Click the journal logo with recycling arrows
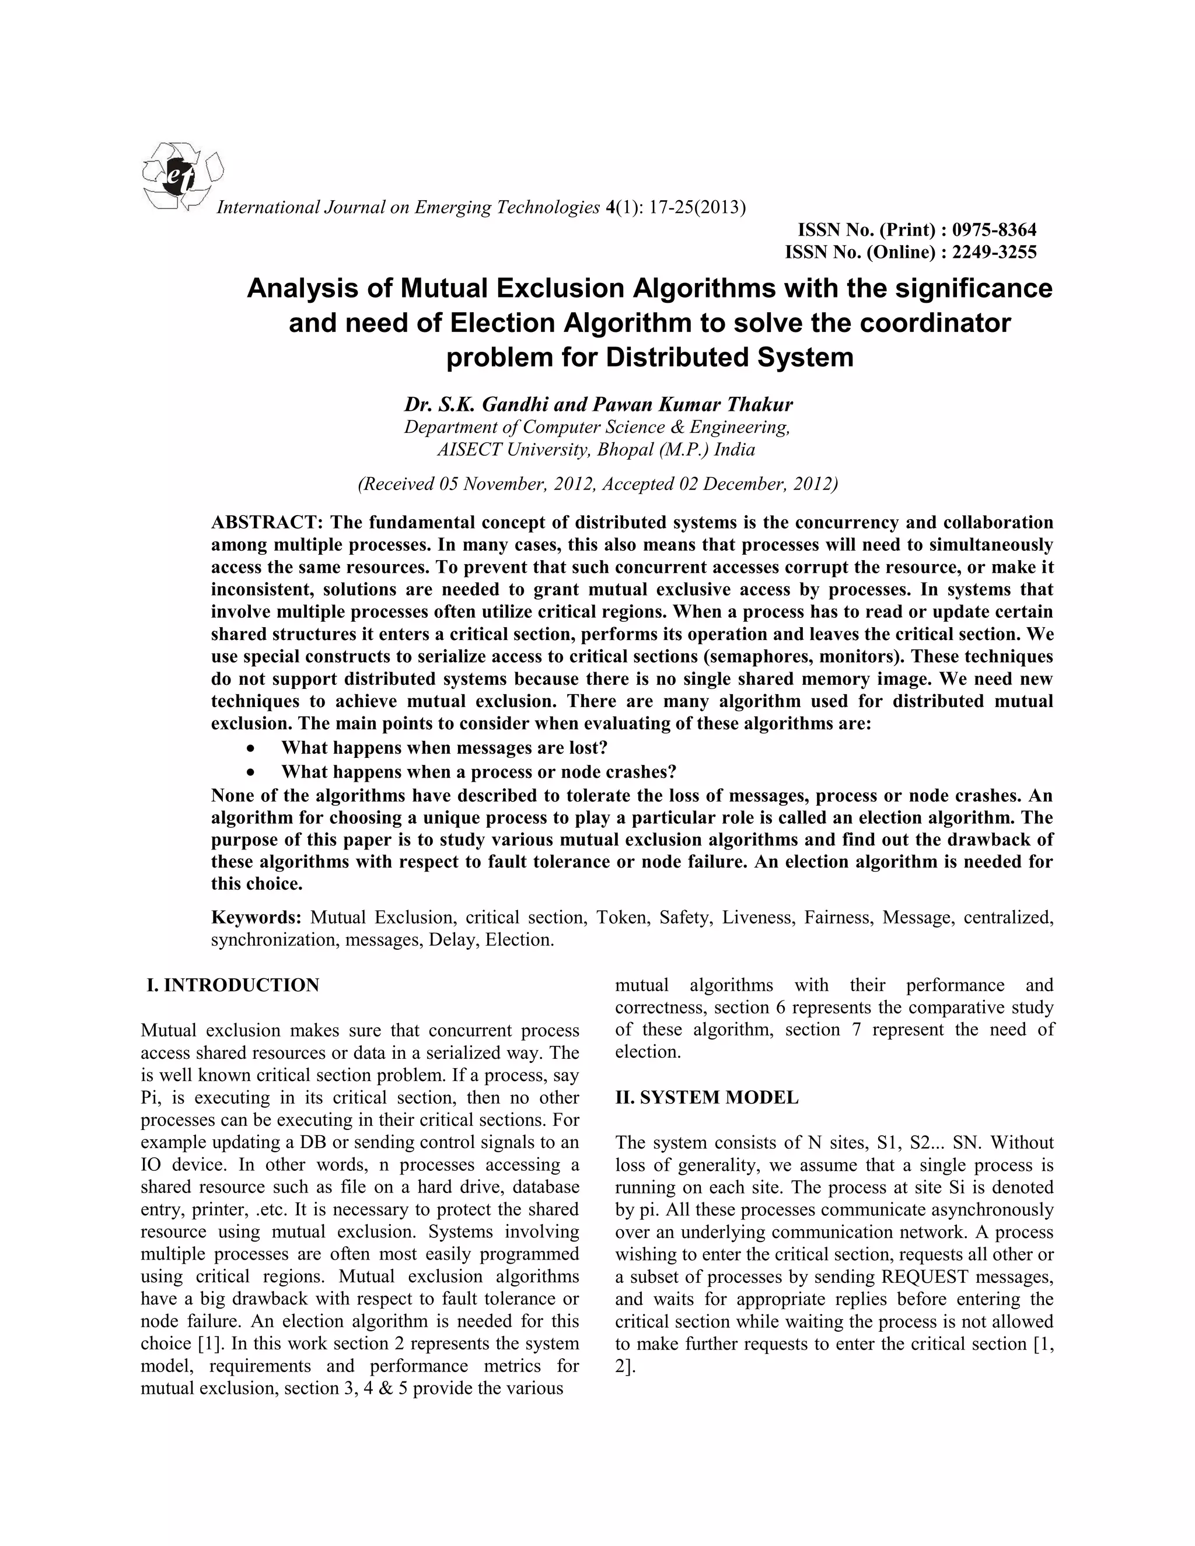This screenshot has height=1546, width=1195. coord(182,176)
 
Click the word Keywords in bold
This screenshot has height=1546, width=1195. coord(257,918)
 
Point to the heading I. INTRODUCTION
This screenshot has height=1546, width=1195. coord(233,985)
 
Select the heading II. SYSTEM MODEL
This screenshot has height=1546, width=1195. coord(707,1097)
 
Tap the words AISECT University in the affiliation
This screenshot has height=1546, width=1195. coord(514,449)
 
